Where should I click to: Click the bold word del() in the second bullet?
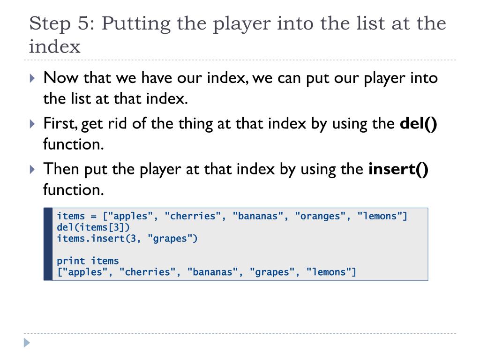418,124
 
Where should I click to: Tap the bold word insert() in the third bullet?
398,169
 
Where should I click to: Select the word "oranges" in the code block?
321,216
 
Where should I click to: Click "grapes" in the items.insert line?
173,239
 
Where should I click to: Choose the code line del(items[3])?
93,227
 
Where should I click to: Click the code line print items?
88,261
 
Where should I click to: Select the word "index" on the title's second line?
55,47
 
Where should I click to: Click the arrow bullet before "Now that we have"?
32,78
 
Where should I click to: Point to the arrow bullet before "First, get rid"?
32,124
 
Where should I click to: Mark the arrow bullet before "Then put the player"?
32,169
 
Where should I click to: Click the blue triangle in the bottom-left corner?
27,343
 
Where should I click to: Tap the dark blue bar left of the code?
48,244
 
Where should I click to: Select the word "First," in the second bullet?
60,124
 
